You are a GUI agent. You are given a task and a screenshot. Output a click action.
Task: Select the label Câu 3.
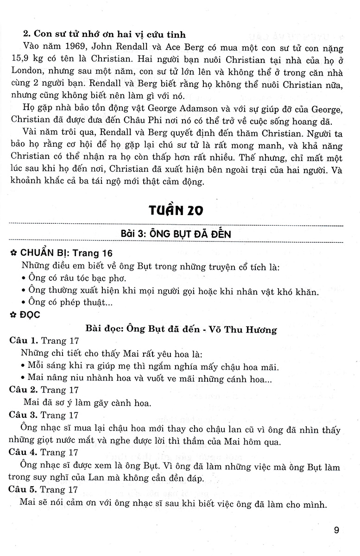(x=23, y=415)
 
